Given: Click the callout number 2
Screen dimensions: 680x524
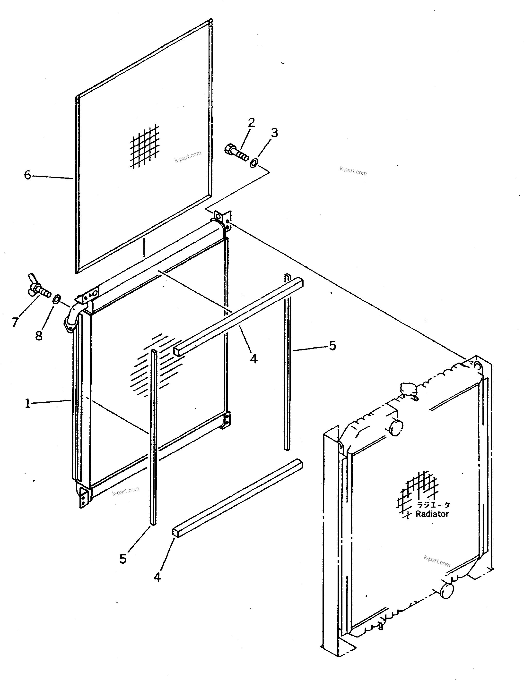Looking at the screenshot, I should point(251,123).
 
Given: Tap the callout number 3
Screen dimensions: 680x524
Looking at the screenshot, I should point(274,133).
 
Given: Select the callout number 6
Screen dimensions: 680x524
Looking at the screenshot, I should point(28,175).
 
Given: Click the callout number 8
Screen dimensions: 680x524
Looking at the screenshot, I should point(39,336).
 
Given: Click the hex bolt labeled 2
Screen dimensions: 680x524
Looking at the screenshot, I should point(236,153).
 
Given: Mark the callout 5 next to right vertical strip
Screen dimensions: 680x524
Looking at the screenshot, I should point(332,346).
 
